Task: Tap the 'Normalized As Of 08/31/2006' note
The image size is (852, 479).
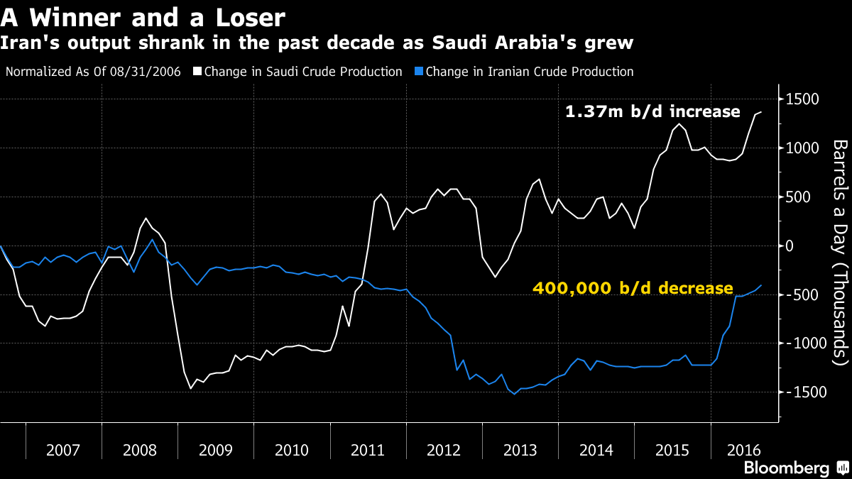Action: tap(93, 72)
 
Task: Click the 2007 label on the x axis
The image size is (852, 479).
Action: tap(63, 450)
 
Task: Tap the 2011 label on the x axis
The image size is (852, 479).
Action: tap(368, 450)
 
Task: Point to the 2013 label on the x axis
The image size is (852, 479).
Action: tap(520, 450)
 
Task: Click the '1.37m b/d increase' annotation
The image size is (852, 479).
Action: tap(652, 112)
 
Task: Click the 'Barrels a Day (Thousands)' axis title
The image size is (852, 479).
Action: tap(841, 252)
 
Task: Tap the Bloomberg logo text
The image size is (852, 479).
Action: tap(786, 468)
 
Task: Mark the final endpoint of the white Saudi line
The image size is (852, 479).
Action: tap(761, 112)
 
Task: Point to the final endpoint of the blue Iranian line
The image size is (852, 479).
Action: tap(761, 285)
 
